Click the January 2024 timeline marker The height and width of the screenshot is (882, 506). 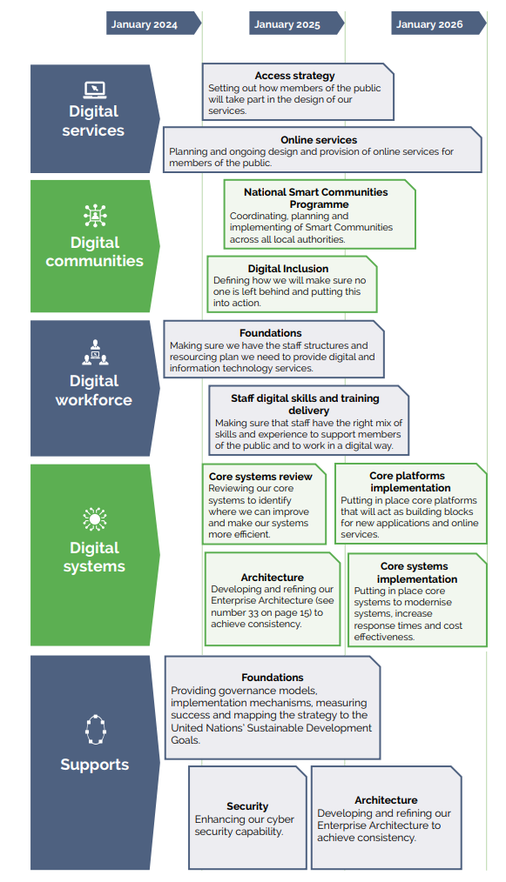click(x=153, y=23)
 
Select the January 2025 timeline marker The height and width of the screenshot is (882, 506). click(x=296, y=23)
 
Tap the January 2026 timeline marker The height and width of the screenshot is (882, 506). click(x=438, y=23)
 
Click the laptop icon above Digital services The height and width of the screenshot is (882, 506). click(x=95, y=90)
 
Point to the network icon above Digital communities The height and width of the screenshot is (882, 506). click(x=95, y=215)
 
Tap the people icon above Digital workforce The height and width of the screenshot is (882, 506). click(x=95, y=352)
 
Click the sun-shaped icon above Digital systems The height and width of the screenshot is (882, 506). click(x=95, y=518)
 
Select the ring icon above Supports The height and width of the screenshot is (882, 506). click(x=95, y=730)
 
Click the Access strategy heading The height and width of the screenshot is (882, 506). click(x=294, y=76)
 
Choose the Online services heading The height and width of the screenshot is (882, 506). click(x=319, y=139)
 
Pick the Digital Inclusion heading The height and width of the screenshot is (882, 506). click(x=288, y=268)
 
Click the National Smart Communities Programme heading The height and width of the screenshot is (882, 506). click(x=316, y=198)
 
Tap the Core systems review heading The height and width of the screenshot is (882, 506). click(x=260, y=477)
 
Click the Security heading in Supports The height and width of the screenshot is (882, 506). click(x=247, y=806)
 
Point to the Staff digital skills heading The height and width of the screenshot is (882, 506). click(x=305, y=404)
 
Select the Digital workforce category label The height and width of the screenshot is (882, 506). click(x=94, y=391)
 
